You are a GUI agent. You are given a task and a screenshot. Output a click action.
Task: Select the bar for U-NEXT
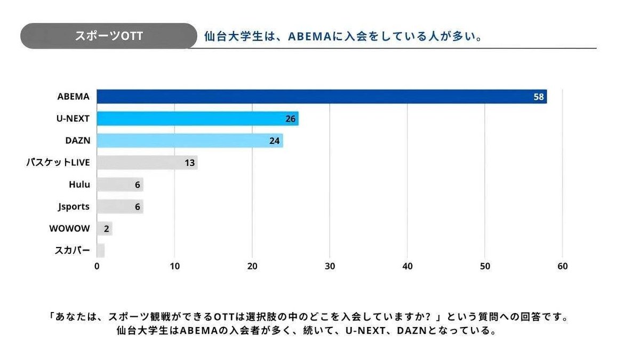pos(197,118)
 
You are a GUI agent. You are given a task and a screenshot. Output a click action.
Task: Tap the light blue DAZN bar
pos(189,141)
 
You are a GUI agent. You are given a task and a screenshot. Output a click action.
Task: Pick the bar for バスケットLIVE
pos(147,163)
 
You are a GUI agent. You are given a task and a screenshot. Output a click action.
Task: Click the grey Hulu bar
pos(119,185)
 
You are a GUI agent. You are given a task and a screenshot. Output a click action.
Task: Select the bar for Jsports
pos(119,207)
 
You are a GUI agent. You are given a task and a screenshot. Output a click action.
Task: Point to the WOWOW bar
pos(104,229)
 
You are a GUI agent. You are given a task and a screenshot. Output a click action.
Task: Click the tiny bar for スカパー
pos(100,251)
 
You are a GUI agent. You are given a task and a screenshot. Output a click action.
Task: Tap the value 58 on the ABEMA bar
pos(538,97)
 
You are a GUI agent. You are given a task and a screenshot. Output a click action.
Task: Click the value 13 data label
pos(189,163)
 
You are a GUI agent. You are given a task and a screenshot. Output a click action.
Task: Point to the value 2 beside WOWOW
pos(106,229)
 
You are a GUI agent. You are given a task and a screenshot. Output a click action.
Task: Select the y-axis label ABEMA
pos(73,97)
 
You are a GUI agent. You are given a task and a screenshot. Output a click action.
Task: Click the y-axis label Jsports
pos(74,207)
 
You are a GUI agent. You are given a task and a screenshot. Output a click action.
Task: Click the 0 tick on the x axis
pos(97,266)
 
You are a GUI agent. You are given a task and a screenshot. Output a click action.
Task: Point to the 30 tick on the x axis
pos(330,266)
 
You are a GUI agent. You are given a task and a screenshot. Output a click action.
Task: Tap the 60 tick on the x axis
pos(562,266)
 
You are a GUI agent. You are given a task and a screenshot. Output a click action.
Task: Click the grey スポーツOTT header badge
pos(108,36)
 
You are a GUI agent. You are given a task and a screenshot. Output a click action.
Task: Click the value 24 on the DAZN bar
pos(274,141)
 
